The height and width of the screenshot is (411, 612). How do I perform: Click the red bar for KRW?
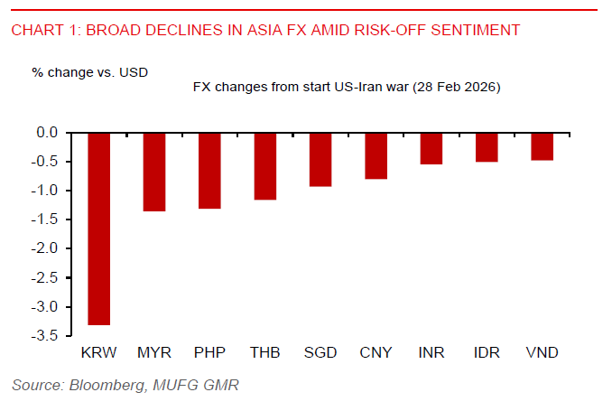click(x=98, y=229)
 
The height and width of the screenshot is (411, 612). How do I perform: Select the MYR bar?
click(x=154, y=172)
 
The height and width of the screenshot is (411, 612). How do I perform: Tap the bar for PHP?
click(x=209, y=171)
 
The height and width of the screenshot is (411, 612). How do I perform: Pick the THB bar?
click(x=264, y=166)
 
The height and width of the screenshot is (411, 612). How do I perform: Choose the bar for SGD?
click(x=320, y=159)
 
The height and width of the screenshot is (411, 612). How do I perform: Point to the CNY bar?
click(x=376, y=155)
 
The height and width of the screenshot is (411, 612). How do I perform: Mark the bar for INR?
click(x=431, y=148)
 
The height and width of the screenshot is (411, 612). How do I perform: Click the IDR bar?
click(x=487, y=147)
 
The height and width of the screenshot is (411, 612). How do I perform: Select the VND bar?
click(x=542, y=146)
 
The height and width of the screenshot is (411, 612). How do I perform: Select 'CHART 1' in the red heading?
click(x=41, y=30)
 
